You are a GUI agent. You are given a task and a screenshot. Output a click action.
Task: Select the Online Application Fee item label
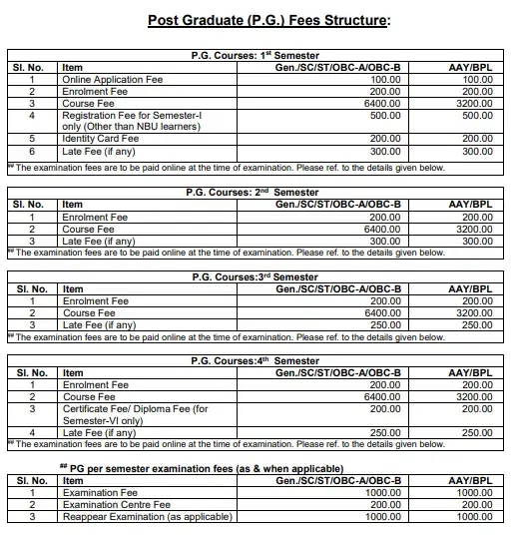pos(111,79)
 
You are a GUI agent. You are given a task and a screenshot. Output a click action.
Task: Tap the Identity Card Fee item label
pos(100,140)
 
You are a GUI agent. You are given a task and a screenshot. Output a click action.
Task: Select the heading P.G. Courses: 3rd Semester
pos(255,276)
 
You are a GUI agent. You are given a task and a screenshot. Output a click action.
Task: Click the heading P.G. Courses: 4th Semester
pos(255,361)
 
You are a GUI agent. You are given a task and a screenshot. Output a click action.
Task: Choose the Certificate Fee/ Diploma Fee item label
pos(135,408)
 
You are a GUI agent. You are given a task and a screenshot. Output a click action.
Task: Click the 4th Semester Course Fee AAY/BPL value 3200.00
pos(475,396)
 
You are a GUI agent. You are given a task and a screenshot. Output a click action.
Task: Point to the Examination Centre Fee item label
pos(117,505)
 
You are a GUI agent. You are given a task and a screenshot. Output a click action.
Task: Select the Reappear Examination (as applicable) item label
pos(147,517)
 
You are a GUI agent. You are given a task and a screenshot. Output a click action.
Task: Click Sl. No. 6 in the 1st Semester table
pos(33,152)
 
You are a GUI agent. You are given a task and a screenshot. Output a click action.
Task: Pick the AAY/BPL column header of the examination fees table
pos(472,481)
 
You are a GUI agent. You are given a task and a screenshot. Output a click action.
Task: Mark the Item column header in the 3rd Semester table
pos(73,289)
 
